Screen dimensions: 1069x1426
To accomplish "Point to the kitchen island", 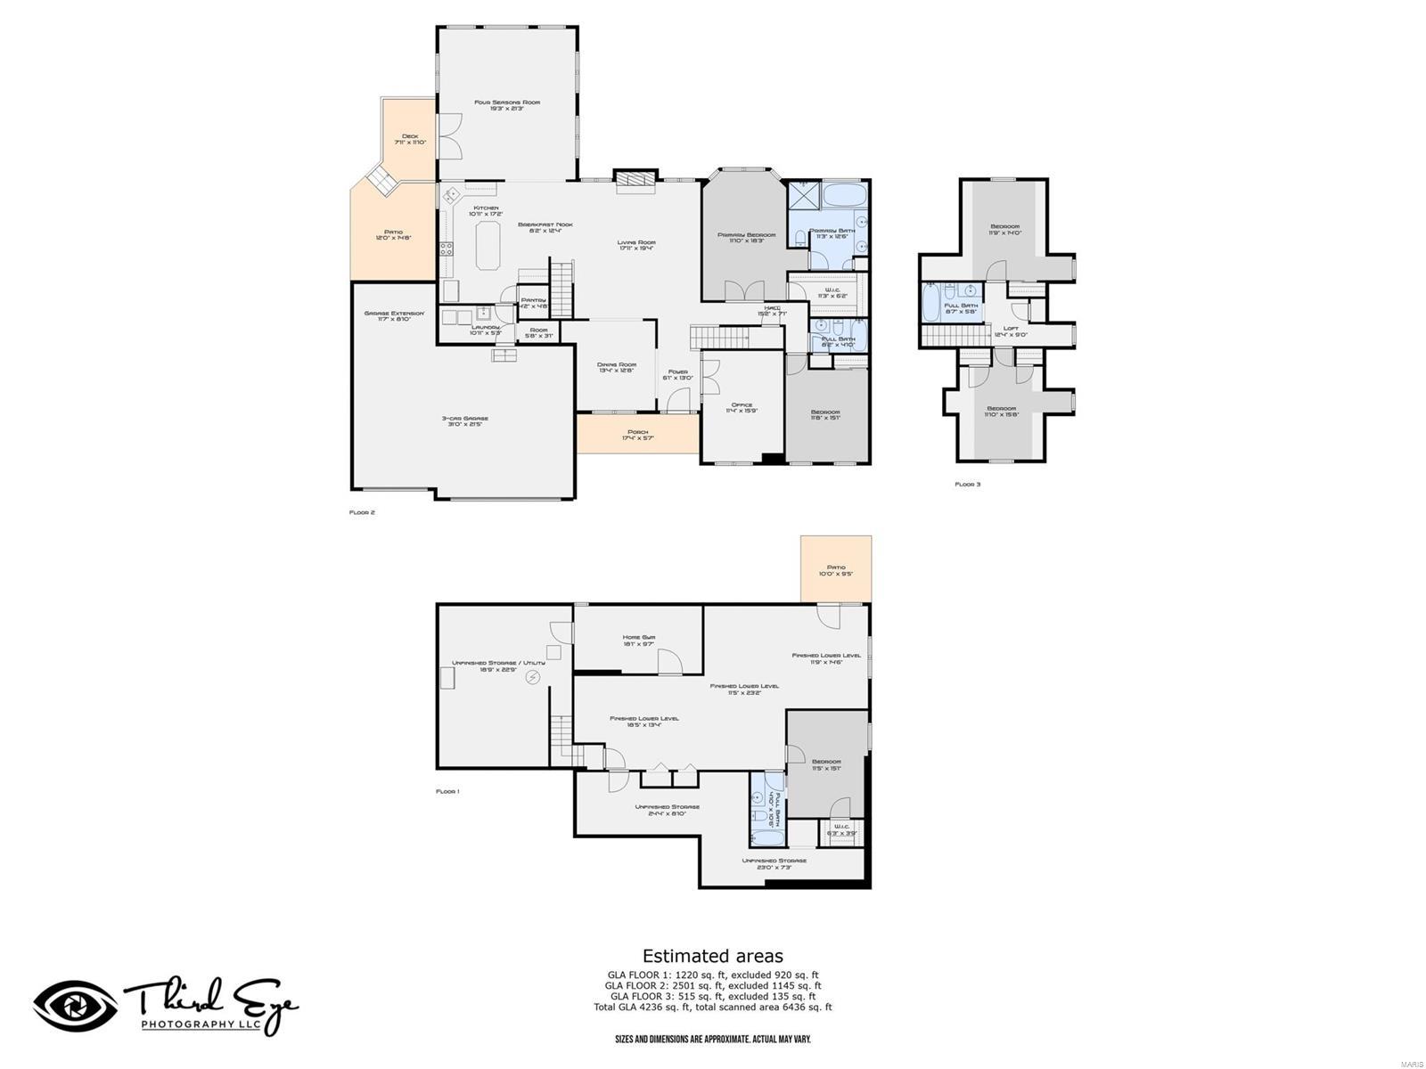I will [x=488, y=245].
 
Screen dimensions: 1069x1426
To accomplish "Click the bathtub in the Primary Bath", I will [x=841, y=195].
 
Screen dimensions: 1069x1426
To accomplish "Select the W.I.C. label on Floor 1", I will [x=841, y=828].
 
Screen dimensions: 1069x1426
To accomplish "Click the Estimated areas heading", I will [x=713, y=957].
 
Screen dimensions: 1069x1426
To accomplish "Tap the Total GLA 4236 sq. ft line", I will [x=713, y=1008].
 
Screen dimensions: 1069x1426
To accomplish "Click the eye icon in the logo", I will [x=75, y=1007].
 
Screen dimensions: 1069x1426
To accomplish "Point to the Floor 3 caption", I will [x=967, y=485].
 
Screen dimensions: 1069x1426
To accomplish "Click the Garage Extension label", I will [x=394, y=315].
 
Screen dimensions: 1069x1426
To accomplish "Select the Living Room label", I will [x=636, y=245].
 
